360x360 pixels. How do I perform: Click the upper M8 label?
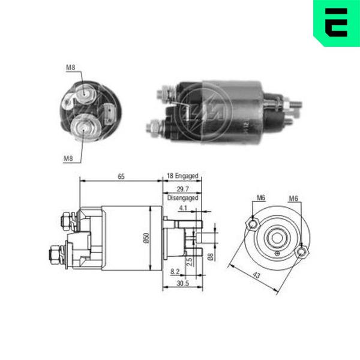pyautogui.click(x=70, y=67)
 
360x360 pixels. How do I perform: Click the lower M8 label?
pyautogui.click(x=68, y=158)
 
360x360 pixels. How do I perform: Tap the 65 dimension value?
pyautogui.click(x=121, y=176)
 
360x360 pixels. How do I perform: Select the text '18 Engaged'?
pyautogui.click(x=182, y=176)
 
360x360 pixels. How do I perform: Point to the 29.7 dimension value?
pyautogui.click(x=183, y=189)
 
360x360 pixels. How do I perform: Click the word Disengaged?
pyautogui.click(x=183, y=197)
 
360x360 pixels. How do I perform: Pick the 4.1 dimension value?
pyautogui.click(x=183, y=208)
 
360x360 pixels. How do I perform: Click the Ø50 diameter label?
pyautogui.click(x=146, y=238)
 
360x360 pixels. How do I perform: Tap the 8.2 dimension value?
pyautogui.click(x=175, y=271)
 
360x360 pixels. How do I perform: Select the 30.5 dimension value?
pyautogui.click(x=183, y=283)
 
